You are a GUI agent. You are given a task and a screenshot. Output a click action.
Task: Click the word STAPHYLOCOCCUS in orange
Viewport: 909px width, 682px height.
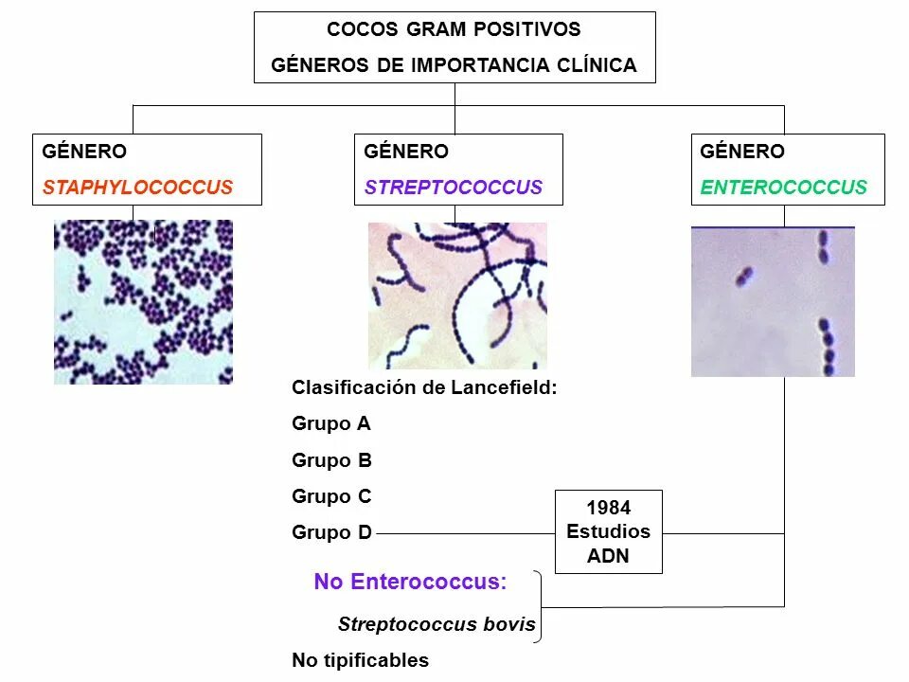pyautogui.click(x=137, y=188)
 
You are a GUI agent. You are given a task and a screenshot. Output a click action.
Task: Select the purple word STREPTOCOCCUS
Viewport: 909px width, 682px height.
pyautogui.click(x=454, y=188)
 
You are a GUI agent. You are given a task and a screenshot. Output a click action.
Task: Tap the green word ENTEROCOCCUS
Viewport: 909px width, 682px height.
pyautogui.click(x=783, y=188)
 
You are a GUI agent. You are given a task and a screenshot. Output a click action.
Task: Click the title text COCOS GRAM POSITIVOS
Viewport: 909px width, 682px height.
pyautogui.click(x=454, y=29)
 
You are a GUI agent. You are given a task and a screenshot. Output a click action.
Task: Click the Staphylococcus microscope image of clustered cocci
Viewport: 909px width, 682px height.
pyautogui.click(x=143, y=301)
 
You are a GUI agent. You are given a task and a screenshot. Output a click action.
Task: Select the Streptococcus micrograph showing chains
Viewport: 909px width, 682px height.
pyautogui.click(x=457, y=296)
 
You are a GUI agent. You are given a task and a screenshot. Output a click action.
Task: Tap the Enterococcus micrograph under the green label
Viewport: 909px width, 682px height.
pyautogui.click(x=773, y=301)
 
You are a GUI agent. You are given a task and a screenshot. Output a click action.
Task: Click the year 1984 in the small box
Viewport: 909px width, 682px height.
pyautogui.click(x=608, y=508)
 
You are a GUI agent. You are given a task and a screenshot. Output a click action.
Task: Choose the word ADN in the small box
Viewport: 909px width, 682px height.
pyautogui.click(x=608, y=556)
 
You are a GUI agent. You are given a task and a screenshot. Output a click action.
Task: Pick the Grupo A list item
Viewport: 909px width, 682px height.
pyautogui.click(x=331, y=423)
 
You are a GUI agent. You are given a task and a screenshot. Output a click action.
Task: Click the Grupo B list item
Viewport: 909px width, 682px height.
pyautogui.click(x=331, y=460)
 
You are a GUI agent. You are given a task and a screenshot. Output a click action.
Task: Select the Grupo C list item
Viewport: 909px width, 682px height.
pyautogui.click(x=331, y=496)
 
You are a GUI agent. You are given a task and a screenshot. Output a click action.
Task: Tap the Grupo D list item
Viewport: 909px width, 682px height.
pyautogui.click(x=331, y=532)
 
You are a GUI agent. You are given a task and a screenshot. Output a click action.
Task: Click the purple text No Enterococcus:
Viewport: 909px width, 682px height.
pyautogui.click(x=410, y=582)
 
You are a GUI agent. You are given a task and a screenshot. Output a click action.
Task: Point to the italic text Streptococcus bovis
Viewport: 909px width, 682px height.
pyautogui.click(x=437, y=625)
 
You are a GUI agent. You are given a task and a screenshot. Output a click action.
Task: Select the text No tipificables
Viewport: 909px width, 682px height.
pyautogui.click(x=360, y=660)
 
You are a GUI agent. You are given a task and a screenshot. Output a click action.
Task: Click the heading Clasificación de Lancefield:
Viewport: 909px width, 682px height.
pyautogui.click(x=424, y=387)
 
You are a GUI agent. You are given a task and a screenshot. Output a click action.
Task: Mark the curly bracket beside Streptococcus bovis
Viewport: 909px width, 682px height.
pyautogui.click(x=541, y=606)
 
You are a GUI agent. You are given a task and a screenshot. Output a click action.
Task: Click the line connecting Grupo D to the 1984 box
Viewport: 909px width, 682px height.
pyautogui.click(x=464, y=533)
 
